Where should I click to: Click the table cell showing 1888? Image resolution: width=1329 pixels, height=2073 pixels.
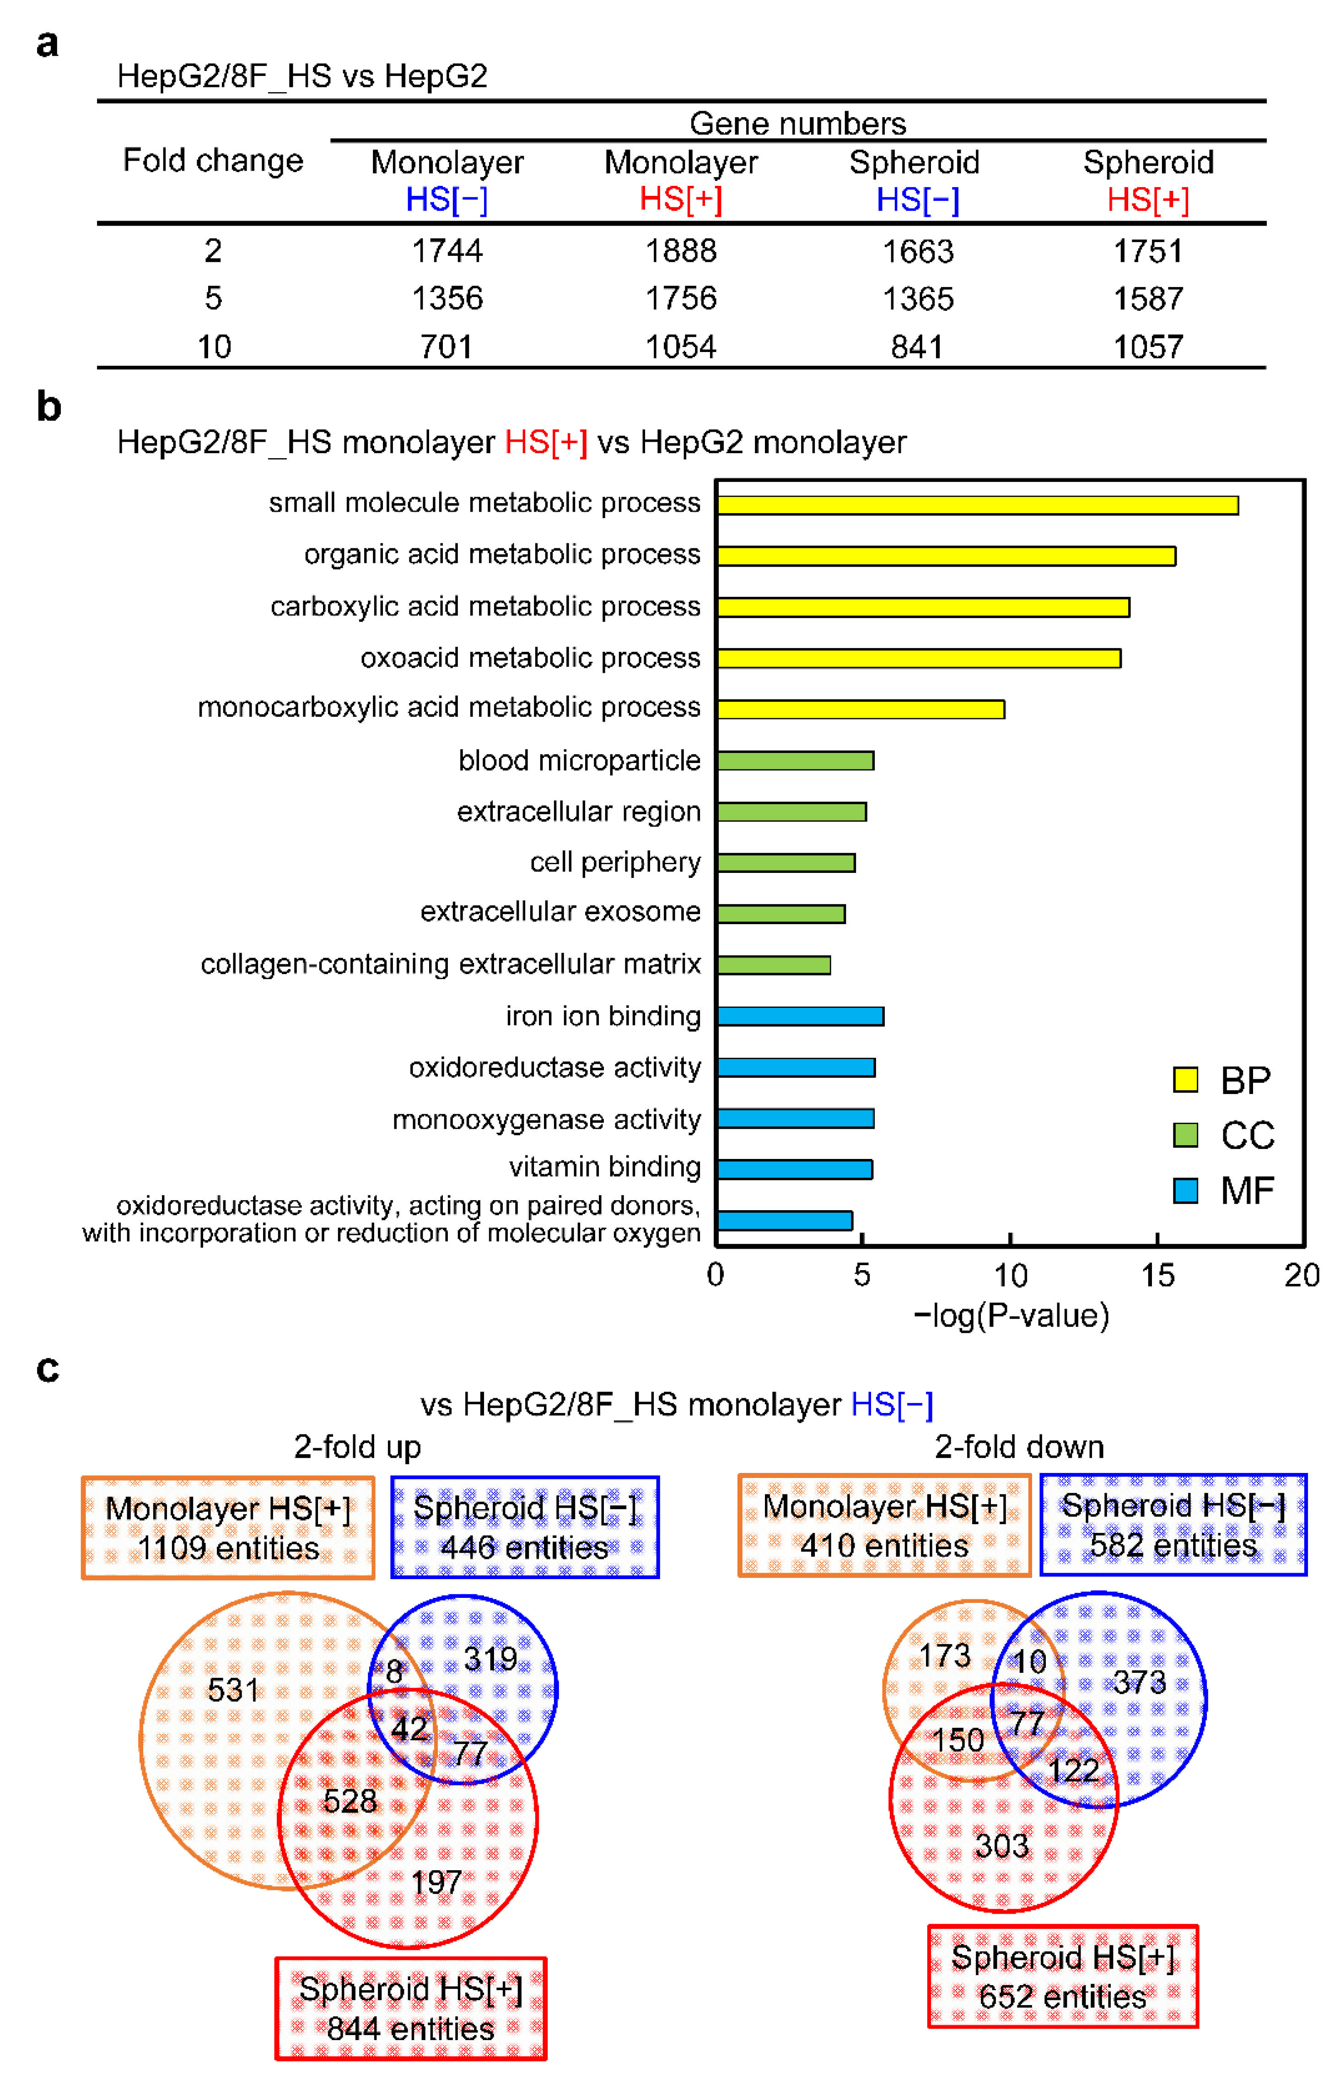point(681,251)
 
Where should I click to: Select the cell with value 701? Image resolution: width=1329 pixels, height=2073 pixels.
point(446,347)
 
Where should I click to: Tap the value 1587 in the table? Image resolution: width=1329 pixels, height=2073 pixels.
point(1148,299)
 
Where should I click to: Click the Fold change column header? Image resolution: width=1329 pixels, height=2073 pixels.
point(213,161)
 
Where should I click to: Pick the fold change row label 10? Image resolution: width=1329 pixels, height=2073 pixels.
point(213,347)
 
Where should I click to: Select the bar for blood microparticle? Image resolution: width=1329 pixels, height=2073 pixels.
point(795,761)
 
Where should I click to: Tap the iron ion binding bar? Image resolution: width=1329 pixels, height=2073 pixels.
point(800,1016)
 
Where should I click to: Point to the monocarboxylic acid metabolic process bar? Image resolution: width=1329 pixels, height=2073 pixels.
point(861,710)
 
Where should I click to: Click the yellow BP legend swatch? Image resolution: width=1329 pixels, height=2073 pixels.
point(1185,1079)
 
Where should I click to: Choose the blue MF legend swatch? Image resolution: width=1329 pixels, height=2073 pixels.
point(1185,1191)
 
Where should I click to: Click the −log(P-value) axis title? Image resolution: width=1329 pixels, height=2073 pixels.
point(1011,1316)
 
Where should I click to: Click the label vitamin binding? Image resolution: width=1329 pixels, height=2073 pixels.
point(604,1167)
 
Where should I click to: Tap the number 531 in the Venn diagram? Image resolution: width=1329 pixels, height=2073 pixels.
point(233,1689)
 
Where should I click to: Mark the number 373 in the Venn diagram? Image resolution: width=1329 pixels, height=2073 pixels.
point(1139,1682)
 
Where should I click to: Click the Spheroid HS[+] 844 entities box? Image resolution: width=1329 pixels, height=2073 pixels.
point(411,2008)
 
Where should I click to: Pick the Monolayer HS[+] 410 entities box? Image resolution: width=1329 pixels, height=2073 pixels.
point(885,1526)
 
